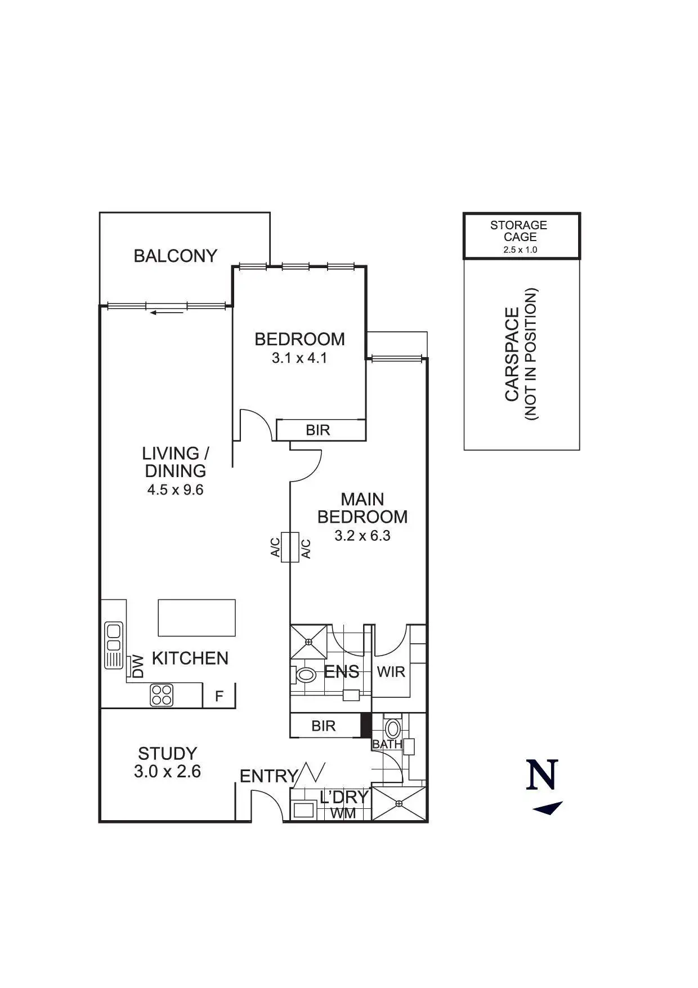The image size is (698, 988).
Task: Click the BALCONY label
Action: [175, 256]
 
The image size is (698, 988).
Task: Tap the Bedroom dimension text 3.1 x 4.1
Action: [299, 358]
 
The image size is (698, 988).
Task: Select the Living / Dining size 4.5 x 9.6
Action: [175, 490]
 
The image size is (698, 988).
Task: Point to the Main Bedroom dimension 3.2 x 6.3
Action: [362, 536]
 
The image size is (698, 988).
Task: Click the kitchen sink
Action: [114, 644]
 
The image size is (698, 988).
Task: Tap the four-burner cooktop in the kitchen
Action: [161, 695]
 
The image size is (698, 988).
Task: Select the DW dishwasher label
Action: [138, 666]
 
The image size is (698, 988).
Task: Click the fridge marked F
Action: [219, 696]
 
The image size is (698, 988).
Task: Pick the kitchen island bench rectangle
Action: [196, 618]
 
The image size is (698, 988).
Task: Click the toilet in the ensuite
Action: [305, 674]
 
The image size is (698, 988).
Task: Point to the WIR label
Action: [391, 672]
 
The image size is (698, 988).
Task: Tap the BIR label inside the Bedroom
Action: [317, 431]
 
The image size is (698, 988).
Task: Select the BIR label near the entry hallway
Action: [323, 726]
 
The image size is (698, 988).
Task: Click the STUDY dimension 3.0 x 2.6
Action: [167, 772]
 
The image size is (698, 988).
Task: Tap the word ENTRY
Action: [268, 776]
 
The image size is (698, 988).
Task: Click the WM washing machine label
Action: [343, 813]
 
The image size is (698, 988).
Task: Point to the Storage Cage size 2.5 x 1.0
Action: [520, 250]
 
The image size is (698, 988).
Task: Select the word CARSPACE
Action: [512, 354]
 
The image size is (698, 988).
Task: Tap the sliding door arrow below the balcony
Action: [167, 312]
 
